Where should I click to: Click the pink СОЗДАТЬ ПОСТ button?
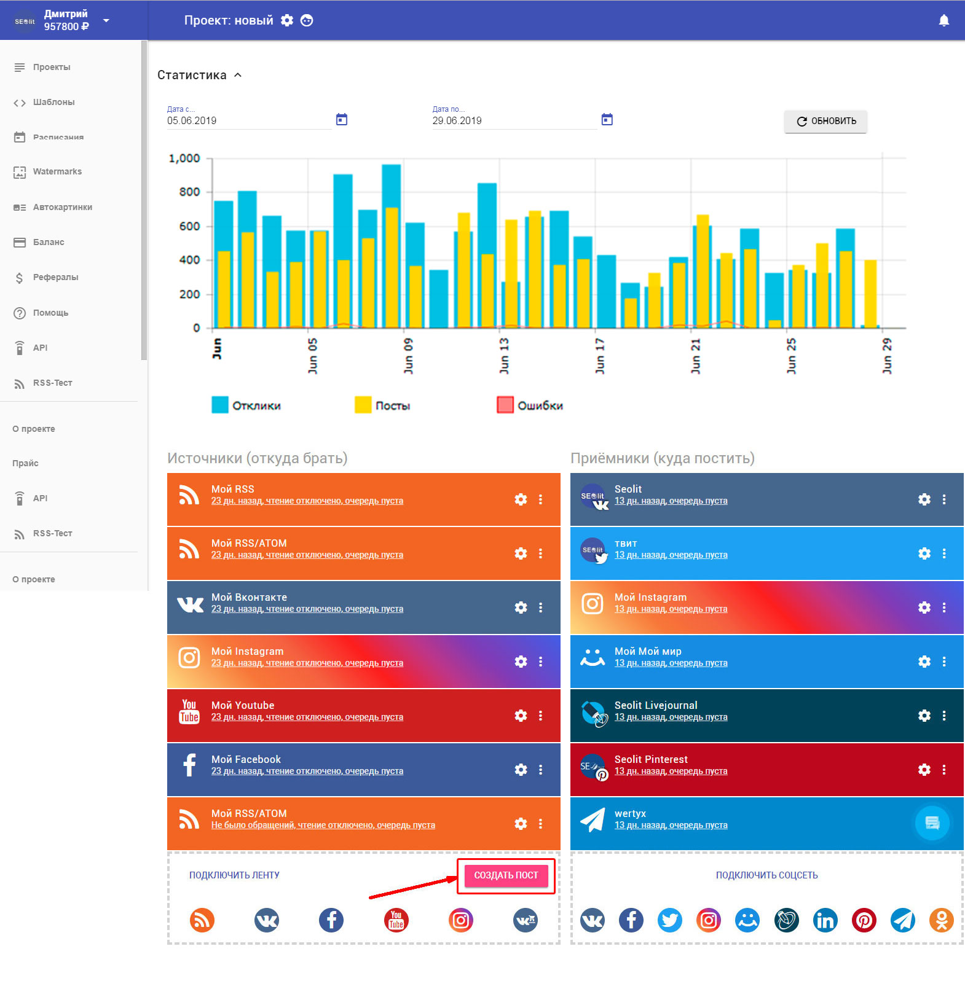tap(506, 875)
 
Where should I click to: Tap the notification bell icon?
tap(944, 21)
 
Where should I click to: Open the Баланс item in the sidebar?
tap(49, 242)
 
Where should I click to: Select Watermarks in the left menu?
tap(57, 172)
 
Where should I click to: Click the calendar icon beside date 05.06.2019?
tap(342, 120)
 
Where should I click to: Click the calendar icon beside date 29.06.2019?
tap(607, 120)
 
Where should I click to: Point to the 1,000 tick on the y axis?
tap(184, 158)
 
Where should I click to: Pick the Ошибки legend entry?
tap(530, 405)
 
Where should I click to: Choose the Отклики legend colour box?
tap(220, 405)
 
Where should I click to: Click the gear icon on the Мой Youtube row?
tap(521, 716)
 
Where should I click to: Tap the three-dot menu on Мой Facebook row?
tap(541, 770)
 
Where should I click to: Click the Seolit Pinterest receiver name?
tap(651, 759)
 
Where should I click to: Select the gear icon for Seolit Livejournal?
tap(924, 716)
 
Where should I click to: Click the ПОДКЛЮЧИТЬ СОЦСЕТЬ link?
tap(766, 875)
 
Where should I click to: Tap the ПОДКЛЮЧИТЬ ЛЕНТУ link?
tap(234, 875)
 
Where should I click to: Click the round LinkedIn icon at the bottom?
tap(825, 920)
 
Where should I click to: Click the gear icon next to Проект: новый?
tap(287, 20)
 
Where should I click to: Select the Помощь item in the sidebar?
tap(50, 313)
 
